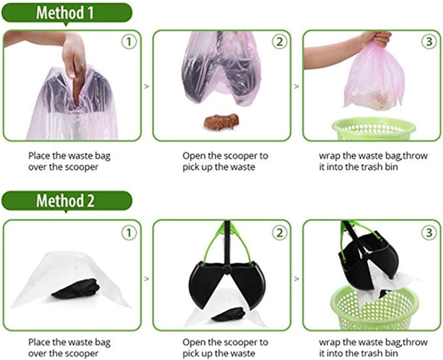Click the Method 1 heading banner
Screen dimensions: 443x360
click(x=67, y=13)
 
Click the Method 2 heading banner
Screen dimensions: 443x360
click(x=67, y=201)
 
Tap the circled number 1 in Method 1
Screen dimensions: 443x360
click(x=129, y=42)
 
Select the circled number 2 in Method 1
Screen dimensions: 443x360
click(x=279, y=42)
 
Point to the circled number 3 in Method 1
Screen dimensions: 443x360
click(x=429, y=42)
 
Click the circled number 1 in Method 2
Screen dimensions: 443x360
click(x=129, y=233)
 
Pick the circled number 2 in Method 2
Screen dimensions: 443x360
click(x=279, y=233)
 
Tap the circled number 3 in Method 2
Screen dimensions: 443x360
click(x=429, y=233)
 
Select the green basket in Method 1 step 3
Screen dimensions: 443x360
click(x=374, y=129)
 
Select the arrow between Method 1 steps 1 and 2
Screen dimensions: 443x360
click(x=146, y=86)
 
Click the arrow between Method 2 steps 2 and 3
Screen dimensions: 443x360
click(x=296, y=279)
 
